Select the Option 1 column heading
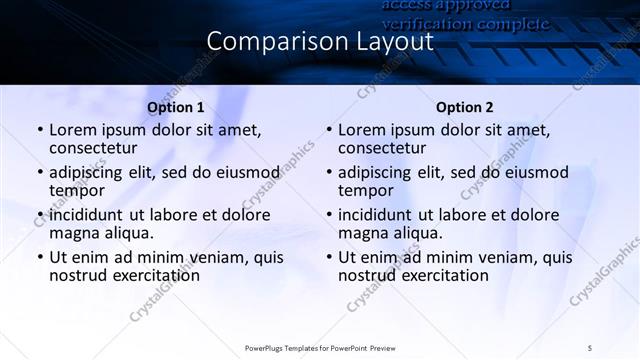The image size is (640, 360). coord(176,107)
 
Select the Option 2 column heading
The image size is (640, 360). coord(464,107)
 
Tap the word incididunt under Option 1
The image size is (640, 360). coord(91,214)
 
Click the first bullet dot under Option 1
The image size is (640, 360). coord(39,130)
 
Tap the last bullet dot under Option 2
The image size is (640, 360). coord(328,256)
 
